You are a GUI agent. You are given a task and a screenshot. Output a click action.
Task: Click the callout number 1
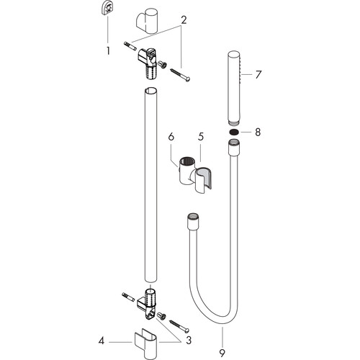click(x=108, y=51)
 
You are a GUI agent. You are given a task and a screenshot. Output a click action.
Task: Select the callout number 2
click(x=184, y=20)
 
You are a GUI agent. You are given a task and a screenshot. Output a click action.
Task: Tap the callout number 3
click(x=189, y=340)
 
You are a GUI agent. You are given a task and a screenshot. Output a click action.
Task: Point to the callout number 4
click(x=102, y=341)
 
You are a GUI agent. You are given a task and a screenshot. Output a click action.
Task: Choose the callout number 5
click(x=201, y=136)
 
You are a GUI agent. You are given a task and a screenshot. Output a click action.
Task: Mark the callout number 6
click(x=171, y=137)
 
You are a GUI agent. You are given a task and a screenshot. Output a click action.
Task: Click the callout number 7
click(x=258, y=75)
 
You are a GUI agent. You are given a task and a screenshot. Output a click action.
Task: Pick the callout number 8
click(x=258, y=132)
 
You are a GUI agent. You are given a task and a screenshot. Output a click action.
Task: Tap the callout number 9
click(x=222, y=353)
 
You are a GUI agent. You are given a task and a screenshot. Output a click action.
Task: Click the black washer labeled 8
click(x=234, y=132)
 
